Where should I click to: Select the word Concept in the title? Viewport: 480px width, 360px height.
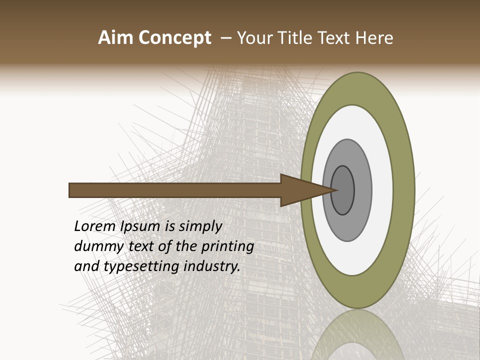175,38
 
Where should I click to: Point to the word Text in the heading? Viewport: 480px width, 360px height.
336,38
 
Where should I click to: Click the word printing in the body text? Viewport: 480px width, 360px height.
227,246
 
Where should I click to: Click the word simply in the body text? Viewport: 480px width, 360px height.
200,226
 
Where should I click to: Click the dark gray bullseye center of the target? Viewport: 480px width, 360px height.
345,190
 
